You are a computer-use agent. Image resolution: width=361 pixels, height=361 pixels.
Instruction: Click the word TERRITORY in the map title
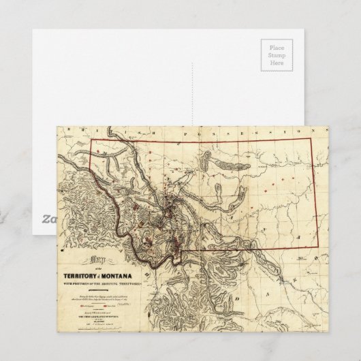coord(74,264)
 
